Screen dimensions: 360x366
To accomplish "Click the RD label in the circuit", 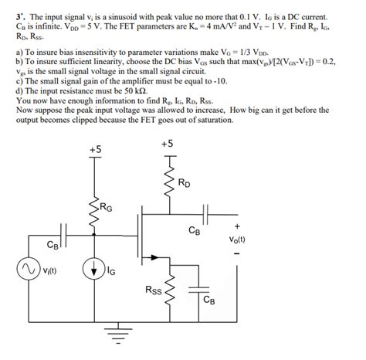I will tap(185, 184).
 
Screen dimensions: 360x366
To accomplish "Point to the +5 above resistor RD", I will tap(168, 144).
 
